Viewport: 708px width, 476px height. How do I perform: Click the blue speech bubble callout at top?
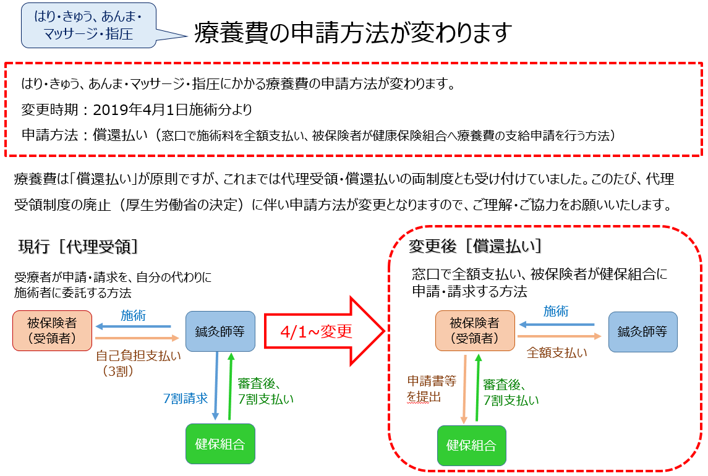pyautogui.click(x=88, y=25)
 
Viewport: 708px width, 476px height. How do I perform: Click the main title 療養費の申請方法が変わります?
pyautogui.click(x=353, y=33)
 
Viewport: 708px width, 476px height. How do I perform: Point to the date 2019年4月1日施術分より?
pyautogui.click(x=173, y=110)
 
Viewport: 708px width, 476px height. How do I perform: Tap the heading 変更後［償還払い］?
pyautogui.click(x=476, y=246)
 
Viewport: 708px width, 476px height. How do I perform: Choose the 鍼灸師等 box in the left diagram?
pyautogui.click(x=220, y=331)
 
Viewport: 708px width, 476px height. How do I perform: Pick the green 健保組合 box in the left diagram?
pyautogui.click(x=220, y=443)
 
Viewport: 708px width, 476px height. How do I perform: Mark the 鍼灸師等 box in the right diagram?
pyautogui.click(x=642, y=331)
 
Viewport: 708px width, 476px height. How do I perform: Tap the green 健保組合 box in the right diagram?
pyautogui.click(x=471, y=446)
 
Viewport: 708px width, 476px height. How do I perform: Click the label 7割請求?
pyautogui.click(x=185, y=399)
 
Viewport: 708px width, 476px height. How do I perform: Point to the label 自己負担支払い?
pyautogui.click(x=139, y=355)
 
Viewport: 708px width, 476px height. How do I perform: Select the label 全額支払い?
pyautogui.click(x=557, y=353)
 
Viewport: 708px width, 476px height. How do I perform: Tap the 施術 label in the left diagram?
pyautogui.click(x=133, y=315)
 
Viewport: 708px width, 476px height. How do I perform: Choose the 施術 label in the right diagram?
pyautogui.click(x=556, y=312)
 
